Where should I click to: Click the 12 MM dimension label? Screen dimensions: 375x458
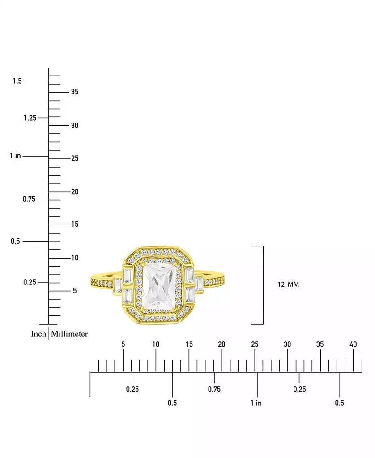tap(288, 284)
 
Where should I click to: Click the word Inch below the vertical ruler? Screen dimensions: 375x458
tap(38, 334)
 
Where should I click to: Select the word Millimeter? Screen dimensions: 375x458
tap(69, 334)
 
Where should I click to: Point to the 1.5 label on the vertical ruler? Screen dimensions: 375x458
tap(17, 81)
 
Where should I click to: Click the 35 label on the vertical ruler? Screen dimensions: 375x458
tap(75, 92)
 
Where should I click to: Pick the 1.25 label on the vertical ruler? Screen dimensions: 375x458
tap(30, 118)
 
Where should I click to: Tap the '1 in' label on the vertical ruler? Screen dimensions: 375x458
tap(16, 155)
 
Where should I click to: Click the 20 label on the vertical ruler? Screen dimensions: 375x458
tap(75, 191)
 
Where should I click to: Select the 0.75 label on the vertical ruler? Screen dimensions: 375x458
tap(29, 199)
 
